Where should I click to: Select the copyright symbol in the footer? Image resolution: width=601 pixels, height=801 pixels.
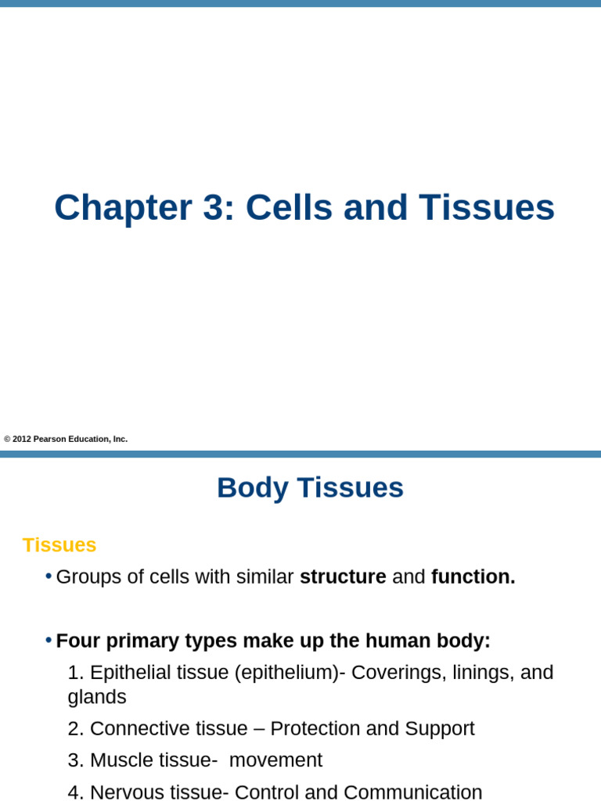pos(7,440)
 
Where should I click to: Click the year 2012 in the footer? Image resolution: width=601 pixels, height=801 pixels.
pos(22,440)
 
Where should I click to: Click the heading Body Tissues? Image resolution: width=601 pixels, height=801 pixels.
pos(310,488)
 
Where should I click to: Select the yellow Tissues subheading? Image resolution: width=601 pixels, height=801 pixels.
pos(59,545)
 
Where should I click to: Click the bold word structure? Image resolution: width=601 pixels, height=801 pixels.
pos(343,577)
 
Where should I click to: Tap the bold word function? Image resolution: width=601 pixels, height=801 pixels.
pos(473,577)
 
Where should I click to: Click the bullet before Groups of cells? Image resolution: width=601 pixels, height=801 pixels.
pos(49,577)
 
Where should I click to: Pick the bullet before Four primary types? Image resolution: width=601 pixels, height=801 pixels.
pos(49,641)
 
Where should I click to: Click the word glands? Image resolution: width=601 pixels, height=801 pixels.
pos(97,697)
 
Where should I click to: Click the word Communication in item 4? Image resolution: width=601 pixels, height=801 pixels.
pos(412,792)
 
